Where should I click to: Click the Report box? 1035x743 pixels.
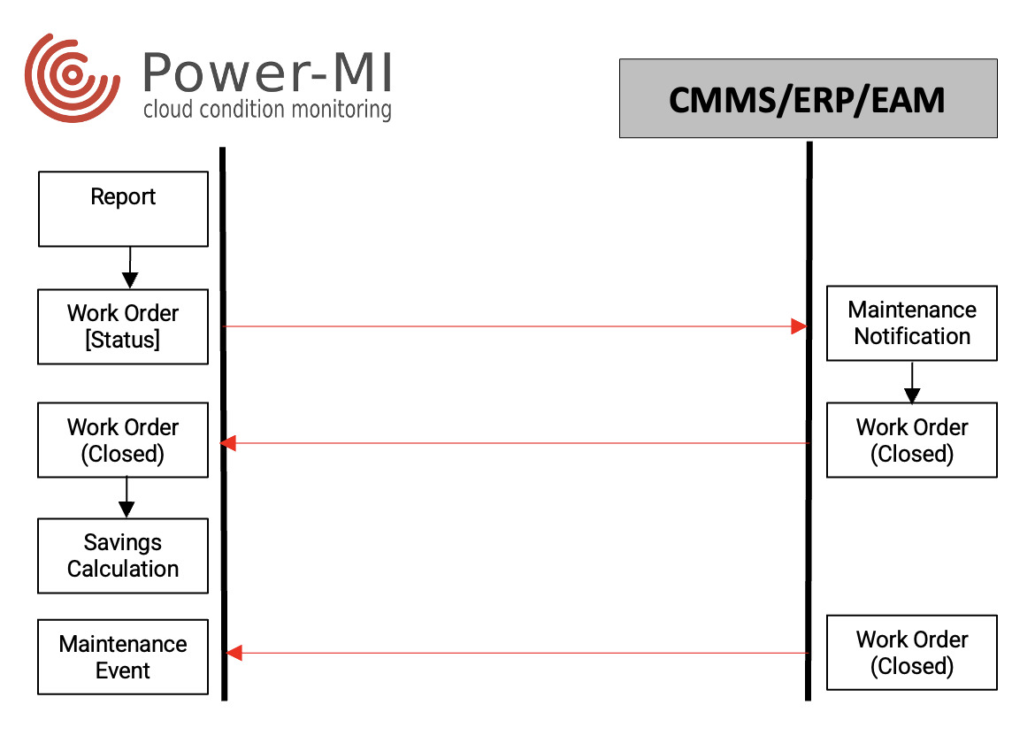123,209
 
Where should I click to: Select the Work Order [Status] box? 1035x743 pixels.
123,326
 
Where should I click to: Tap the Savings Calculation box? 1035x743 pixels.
123,555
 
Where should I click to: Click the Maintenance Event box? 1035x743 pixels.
123,657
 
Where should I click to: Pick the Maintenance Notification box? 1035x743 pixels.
911,323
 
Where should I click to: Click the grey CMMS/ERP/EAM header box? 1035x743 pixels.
808,98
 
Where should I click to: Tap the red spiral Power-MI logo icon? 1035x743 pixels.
71,78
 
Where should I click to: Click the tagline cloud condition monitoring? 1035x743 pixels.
266,110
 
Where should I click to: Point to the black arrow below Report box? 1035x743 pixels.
130,268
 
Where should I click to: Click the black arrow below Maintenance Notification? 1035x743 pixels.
912,384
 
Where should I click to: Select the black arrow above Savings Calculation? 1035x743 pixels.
126,498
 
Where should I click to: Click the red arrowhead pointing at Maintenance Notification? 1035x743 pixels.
799,326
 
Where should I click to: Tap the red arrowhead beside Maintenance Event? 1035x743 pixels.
234,653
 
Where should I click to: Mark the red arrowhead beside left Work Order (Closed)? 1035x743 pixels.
228,442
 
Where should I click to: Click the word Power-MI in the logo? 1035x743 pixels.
266,73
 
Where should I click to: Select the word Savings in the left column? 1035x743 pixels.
123,542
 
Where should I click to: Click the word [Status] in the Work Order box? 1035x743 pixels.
123,340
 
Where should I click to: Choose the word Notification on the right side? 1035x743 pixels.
912,336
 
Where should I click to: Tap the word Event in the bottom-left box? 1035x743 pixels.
123,670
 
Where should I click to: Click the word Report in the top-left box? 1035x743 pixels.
123,196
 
